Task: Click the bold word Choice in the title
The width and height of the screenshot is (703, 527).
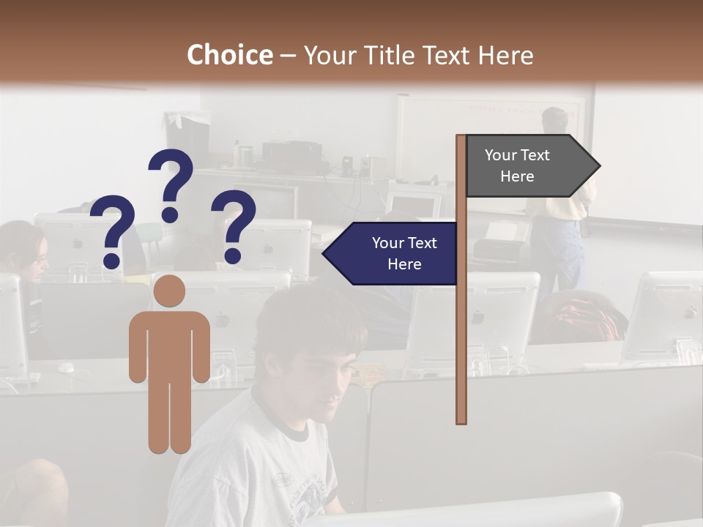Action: pos(229,56)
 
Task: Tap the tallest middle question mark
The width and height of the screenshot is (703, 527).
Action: pos(171,184)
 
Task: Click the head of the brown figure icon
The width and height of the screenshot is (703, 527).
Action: pos(169,291)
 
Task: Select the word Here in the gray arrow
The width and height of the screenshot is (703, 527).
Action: pos(517,176)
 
